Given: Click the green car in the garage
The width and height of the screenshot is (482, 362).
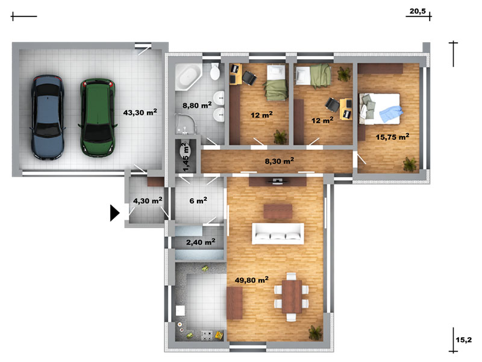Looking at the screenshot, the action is [x=98, y=118].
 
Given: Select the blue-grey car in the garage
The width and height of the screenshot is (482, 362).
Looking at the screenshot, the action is [x=48, y=117].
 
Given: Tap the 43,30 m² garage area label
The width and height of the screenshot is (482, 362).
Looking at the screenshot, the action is [x=140, y=112].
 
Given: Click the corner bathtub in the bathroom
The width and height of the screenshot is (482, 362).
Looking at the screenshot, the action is [x=188, y=77].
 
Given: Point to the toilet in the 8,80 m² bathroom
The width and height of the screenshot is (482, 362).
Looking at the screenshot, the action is [x=215, y=72].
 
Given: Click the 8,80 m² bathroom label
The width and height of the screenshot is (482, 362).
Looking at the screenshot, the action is [x=197, y=105].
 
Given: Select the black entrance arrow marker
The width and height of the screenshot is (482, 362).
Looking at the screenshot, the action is [x=114, y=213].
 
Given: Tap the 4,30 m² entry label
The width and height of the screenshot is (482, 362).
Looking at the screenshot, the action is [x=148, y=201].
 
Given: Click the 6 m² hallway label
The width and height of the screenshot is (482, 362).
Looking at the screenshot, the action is [x=198, y=201].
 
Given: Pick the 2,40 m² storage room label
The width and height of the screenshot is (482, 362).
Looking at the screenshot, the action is [x=201, y=242].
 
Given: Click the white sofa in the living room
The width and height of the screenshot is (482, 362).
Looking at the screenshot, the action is [x=278, y=233].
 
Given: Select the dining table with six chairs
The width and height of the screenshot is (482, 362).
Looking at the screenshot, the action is [x=291, y=297].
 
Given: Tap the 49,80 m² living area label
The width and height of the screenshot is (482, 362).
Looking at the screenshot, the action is [x=251, y=280].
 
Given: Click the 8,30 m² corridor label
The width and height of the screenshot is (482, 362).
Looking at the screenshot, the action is [x=280, y=160].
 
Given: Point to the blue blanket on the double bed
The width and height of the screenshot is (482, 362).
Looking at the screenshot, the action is [x=391, y=114].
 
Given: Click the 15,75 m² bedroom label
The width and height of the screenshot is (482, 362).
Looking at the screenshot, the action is [x=393, y=137].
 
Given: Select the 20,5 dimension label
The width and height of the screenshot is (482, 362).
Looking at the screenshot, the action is [x=418, y=11].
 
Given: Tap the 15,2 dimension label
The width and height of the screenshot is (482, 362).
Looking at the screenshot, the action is [x=463, y=340].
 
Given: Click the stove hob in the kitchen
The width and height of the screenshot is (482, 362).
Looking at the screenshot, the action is [x=207, y=335].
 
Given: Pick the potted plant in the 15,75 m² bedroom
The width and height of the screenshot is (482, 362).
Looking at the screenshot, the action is [x=410, y=164].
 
